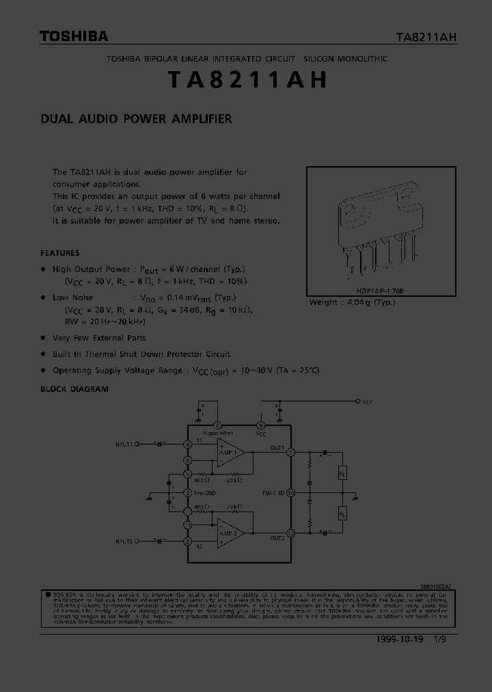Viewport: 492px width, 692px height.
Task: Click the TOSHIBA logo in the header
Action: coord(73,36)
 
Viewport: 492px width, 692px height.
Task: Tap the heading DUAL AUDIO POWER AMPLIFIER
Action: coord(136,118)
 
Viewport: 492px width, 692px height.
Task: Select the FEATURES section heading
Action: coord(59,252)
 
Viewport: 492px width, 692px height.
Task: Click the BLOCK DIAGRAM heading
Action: coord(74,388)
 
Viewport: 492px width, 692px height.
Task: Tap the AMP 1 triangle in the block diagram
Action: coord(230,453)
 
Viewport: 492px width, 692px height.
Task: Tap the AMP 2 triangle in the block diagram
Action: coord(230,533)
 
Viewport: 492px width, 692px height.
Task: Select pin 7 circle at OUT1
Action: coord(290,452)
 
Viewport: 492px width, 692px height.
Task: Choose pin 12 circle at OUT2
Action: coord(290,533)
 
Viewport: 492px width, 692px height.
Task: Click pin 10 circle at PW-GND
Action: coord(290,492)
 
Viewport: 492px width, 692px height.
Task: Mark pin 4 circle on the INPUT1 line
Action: coord(187,444)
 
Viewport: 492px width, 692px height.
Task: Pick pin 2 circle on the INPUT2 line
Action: coord(187,541)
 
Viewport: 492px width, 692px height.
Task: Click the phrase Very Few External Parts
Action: coord(99,338)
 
